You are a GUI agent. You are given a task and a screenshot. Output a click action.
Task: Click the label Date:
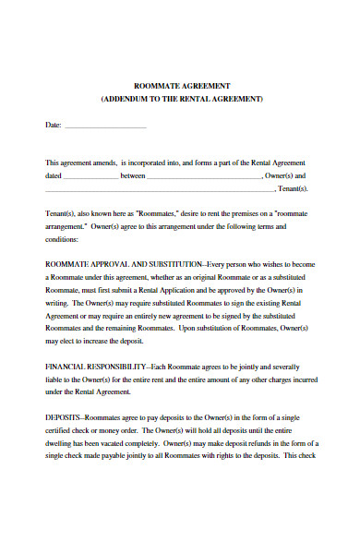coord(54,124)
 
